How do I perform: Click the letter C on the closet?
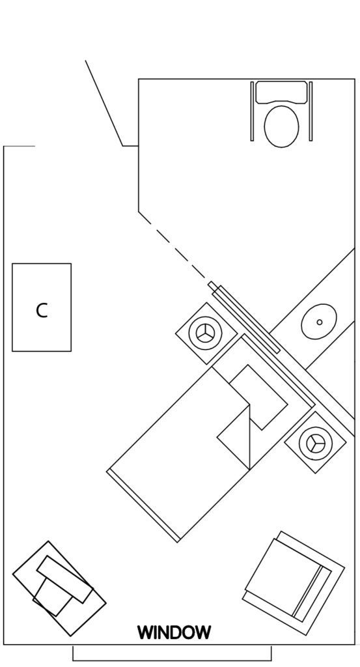coord(42,311)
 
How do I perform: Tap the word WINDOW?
coord(174,632)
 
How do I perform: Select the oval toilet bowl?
coord(281,126)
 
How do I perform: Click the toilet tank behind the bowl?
coord(281,92)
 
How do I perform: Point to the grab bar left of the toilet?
coord(252,111)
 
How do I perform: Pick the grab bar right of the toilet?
coord(311,111)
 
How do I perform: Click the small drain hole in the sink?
coord(319,322)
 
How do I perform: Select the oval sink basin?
coord(319,322)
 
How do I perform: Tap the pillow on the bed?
coord(259,397)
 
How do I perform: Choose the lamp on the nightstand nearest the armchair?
coord(315,442)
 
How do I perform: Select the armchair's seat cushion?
coord(281,575)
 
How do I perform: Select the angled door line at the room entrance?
coord(104,103)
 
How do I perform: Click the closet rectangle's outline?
coord(12,307)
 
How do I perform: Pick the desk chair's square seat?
coord(53,595)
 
